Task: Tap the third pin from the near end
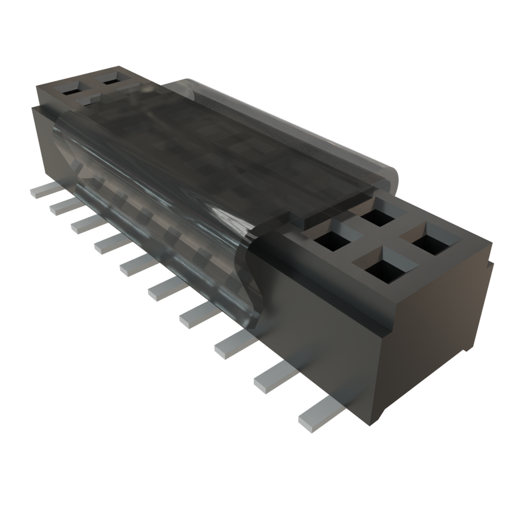point(233,345)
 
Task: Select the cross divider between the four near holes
point(379,241)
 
